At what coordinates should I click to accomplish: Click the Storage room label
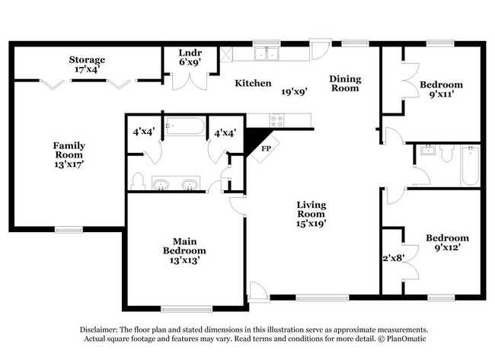click(87, 59)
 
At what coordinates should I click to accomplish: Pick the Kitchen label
click(252, 83)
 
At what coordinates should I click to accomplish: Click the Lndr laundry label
click(189, 53)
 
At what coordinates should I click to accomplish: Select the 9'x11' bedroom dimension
click(441, 96)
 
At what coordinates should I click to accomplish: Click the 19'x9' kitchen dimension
click(293, 92)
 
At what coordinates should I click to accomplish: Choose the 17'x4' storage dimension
click(87, 70)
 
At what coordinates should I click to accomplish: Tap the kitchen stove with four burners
click(276, 119)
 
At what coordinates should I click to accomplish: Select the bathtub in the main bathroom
click(185, 126)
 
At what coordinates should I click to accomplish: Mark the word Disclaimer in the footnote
click(102, 328)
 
